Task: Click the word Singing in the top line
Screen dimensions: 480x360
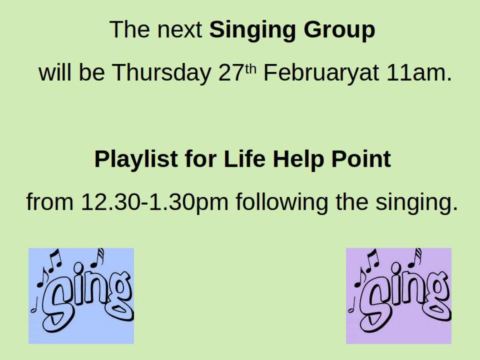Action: (253, 30)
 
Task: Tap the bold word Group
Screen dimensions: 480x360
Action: (339, 30)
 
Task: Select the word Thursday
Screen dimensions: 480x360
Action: (161, 73)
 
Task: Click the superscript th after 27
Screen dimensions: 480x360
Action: (251, 69)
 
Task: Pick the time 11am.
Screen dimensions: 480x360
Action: (419, 73)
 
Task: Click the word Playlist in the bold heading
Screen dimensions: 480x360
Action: (136, 160)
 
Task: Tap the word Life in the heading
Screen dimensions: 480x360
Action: (244, 159)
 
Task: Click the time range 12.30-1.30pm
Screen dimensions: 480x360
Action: (155, 203)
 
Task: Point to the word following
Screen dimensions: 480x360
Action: (281, 203)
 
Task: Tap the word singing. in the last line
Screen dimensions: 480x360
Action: (417, 203)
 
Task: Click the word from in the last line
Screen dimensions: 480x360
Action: (50, 202)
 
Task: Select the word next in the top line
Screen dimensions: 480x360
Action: (180, 30)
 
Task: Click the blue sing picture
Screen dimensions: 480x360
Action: (81, 295)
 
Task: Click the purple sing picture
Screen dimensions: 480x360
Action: (399, 295)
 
